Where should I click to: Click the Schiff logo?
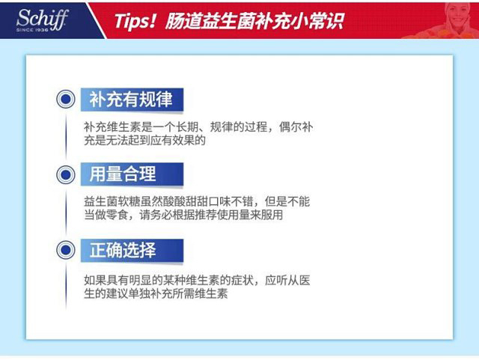(42, 20)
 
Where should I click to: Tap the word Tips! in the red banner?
(135, 22)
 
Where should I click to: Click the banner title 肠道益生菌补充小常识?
(254, 22)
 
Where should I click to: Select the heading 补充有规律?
(131, 100)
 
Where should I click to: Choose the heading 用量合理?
(123, 174)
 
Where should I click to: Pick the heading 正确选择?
(123, 250)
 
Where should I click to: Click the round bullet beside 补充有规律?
(66, 99)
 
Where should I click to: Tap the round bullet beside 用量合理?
(66, 175)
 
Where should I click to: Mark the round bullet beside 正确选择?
(66, 250)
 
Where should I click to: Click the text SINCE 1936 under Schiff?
(32, 30)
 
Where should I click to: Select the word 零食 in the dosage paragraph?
(118, 215)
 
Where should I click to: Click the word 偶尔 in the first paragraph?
(290, 126)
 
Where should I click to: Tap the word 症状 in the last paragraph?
(242, 280)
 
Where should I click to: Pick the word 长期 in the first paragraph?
(188, 126)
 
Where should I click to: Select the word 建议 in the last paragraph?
(118, 293)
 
